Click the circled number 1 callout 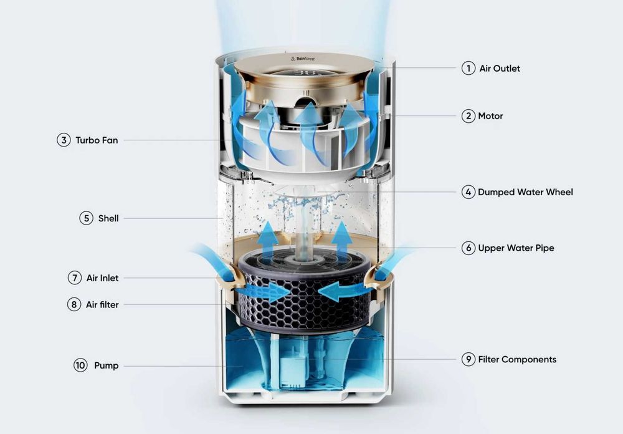tap(468, 68)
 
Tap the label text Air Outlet tap(500, 69)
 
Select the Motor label tap(490, 116)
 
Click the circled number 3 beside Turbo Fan tap(64, 140)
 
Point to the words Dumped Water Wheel tap(525, 192)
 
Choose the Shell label tap(108, 218)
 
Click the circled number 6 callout tap(468, 248)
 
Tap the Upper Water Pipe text tap(516, 248)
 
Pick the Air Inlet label tap(103, 278)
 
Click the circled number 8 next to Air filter tap(74, 305)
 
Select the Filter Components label tap(517, 360)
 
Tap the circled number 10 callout tap(80, 365)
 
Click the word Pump tap(106, 365)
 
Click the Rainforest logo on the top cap tap(303, 59)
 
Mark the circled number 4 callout tap(468, 192)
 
